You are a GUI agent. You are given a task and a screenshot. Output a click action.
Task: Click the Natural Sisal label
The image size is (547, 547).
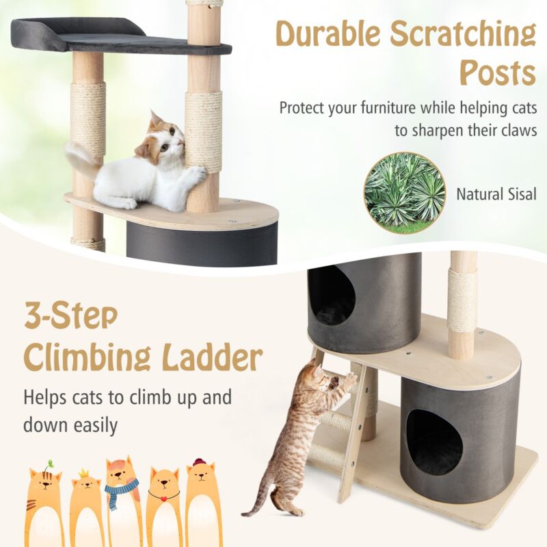[496, 194]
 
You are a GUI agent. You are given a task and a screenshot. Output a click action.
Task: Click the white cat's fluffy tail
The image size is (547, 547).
[81, 158]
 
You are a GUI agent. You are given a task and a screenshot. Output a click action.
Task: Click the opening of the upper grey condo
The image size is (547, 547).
[331, 295]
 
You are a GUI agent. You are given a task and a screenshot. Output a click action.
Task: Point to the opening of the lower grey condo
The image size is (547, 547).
[433, 441]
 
